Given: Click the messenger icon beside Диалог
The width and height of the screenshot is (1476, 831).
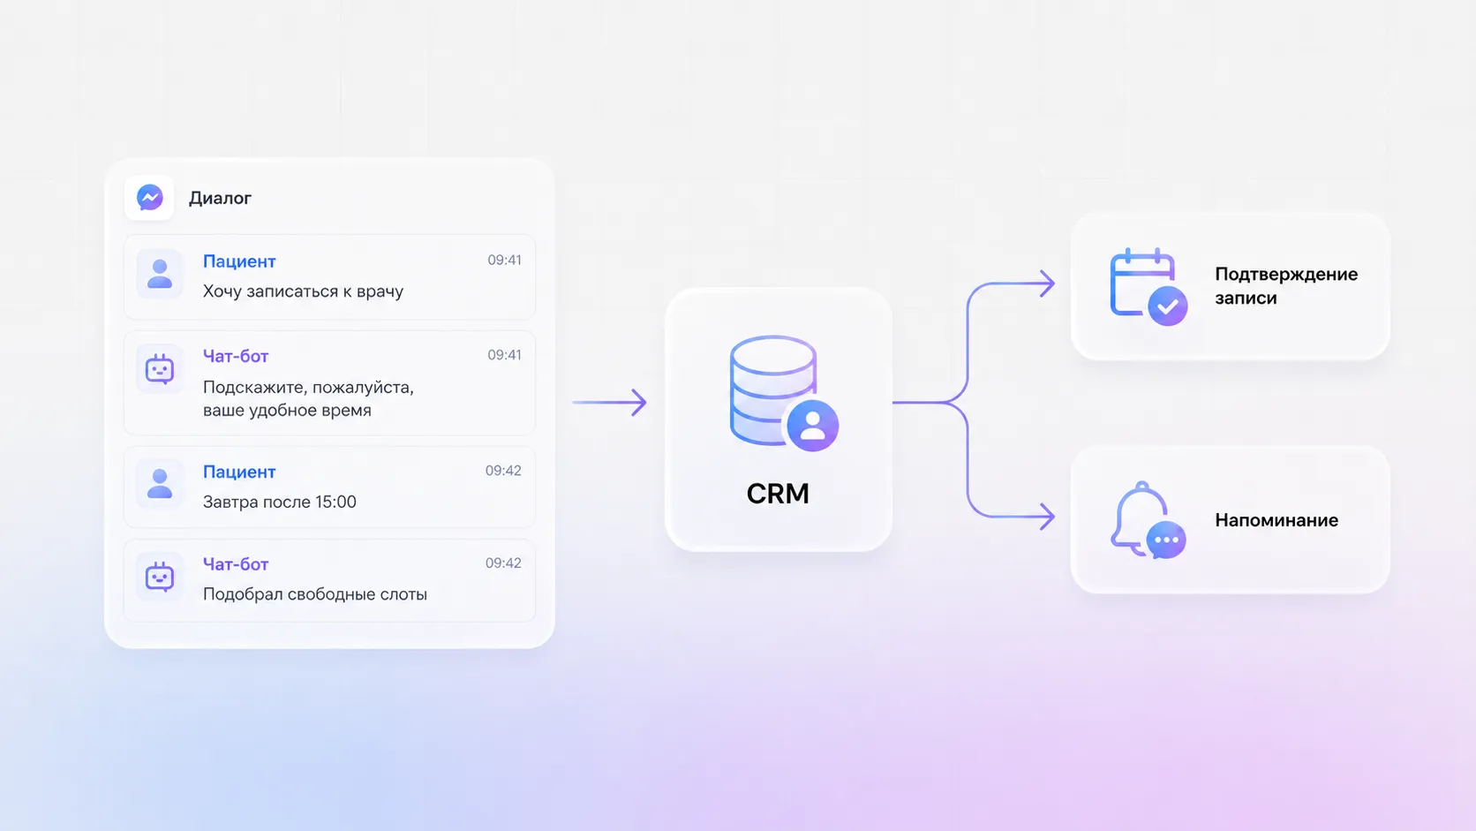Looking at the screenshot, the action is pos(149,198).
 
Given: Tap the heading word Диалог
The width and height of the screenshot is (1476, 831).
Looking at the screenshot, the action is pos(220,199).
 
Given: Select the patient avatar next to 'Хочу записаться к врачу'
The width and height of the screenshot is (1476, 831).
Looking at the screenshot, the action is pos(160,274).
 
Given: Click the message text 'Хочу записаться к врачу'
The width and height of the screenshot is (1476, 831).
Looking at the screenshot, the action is pos(303,291).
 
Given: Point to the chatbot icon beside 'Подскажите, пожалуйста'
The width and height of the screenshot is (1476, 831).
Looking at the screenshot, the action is pos(160,369).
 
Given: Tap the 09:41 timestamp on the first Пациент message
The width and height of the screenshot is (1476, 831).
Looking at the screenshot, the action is pos(504,261).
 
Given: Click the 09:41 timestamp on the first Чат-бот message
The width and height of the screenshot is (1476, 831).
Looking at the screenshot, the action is pos(504,355).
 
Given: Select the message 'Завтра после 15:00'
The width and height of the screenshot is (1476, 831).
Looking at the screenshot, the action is pos(279,502).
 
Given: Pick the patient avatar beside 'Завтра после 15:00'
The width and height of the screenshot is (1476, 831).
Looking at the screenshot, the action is pos(160,484).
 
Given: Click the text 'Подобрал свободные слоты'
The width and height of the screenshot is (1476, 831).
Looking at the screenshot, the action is pos(315,594).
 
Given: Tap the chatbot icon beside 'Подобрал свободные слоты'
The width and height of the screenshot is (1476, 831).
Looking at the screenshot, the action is pos(160,578).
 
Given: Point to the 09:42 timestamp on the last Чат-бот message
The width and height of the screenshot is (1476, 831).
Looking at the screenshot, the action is pos(503,563).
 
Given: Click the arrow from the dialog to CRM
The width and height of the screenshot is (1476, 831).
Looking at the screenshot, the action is pos(609,402).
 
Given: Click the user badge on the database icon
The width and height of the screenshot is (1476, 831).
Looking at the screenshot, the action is pos(812,426).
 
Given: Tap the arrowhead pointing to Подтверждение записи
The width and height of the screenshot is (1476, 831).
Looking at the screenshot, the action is pos(1048,283).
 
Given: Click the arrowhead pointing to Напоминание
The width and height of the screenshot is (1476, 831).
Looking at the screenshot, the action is pos(1048,517).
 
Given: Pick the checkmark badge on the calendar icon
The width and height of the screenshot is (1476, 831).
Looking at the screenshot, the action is pos(1168,306).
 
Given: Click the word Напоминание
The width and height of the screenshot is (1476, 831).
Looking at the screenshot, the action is pos(1276,521).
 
